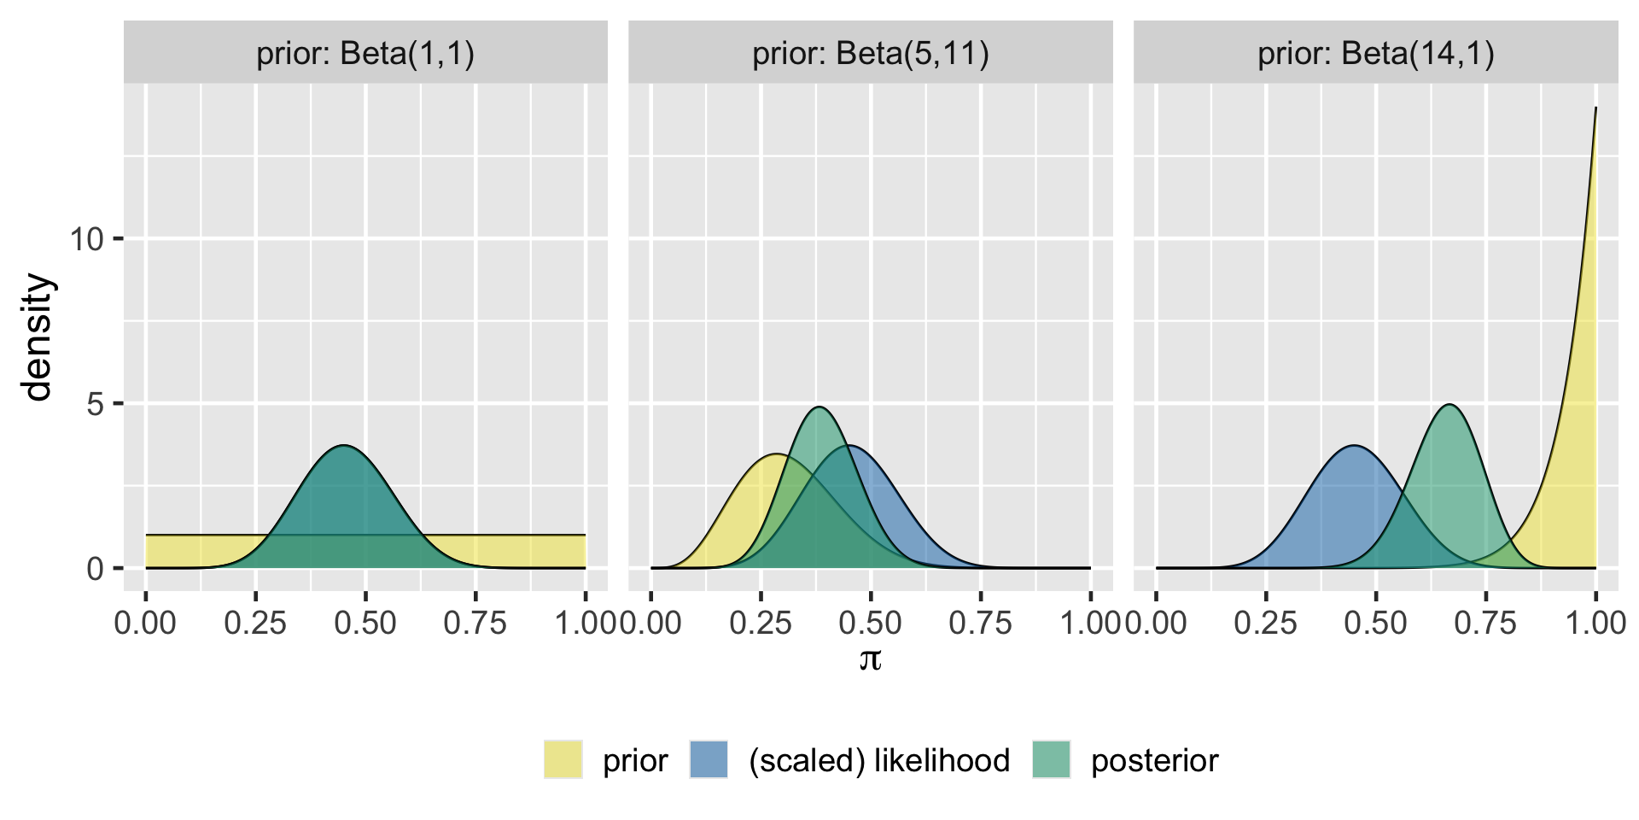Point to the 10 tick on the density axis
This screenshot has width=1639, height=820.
click(118, 238)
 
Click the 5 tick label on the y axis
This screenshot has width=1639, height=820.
click(95, 404)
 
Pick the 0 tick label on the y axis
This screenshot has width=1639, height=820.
click(95, 569)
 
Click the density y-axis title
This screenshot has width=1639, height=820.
click(38, 337)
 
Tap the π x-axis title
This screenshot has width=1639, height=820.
click(870, 659)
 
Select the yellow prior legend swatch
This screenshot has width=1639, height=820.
click(563, 759)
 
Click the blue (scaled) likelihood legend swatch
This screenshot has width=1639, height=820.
click(709, 759)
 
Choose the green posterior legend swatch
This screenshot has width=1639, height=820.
click(1052, 759)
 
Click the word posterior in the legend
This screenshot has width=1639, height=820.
click(1154, 760)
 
